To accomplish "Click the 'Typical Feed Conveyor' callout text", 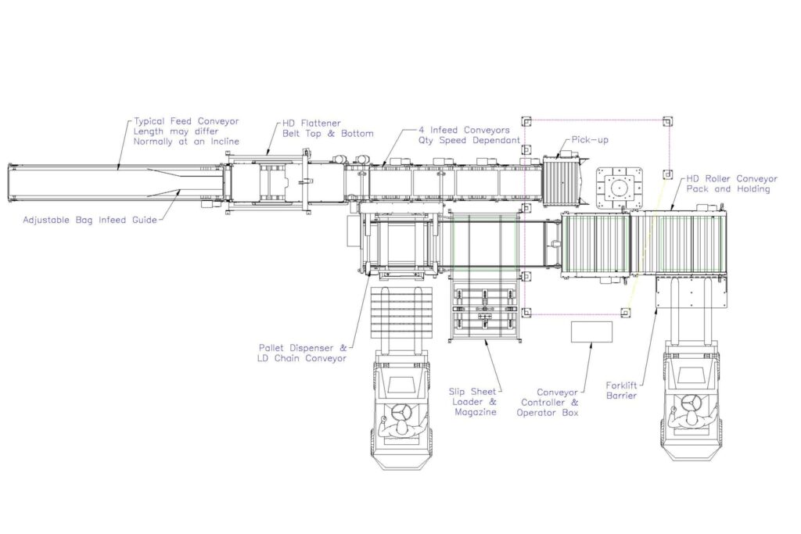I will (186, 121).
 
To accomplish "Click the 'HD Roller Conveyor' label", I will (731, 178).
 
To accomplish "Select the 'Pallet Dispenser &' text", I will (304, 347).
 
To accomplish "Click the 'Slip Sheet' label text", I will (472, 391).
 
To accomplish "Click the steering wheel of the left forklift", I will (403, 412).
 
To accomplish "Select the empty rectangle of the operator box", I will (591, 332).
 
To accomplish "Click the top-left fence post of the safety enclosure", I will (526, 121).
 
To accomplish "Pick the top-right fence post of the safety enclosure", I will (666, 121).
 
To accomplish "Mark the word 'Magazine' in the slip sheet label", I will (475, 412).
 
